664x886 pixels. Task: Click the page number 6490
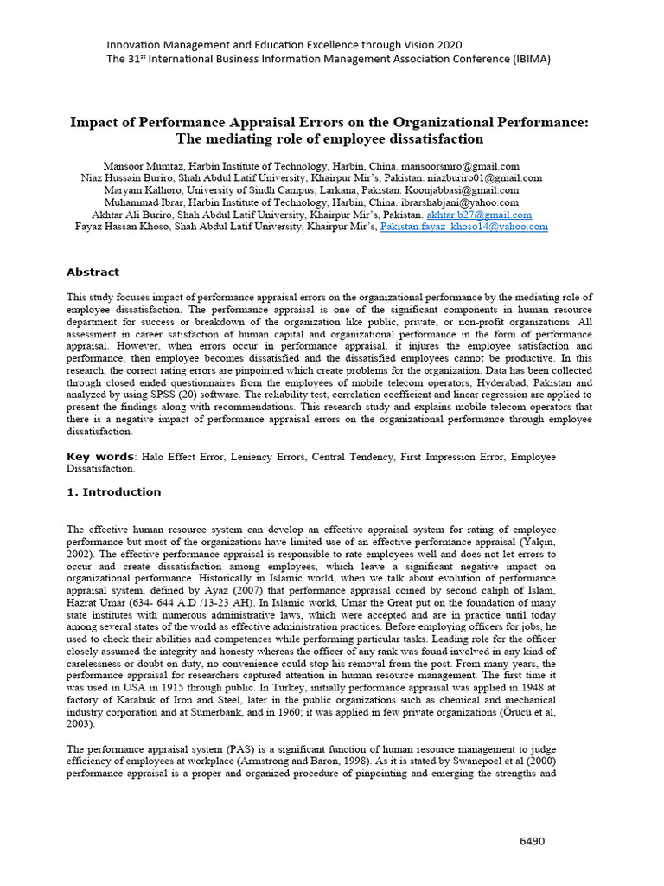click(x=532, y=841)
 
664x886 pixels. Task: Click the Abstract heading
click(x=93, y=272)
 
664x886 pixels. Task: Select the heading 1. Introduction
click(x=114, y=492)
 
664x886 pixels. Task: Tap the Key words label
click(x=100, y=457)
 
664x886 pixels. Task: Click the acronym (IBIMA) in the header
click(x=520, y=59)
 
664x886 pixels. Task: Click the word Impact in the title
click(x=93, y=122)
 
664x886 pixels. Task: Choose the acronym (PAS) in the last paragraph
click(x=224, y=748)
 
